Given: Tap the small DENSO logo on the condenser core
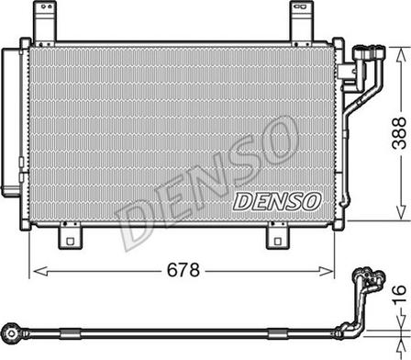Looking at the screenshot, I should point(276,199).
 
